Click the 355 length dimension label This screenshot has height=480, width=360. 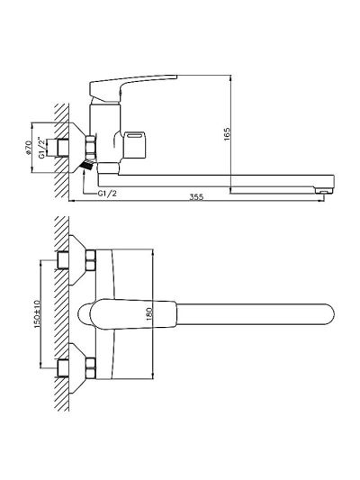click(196, 197)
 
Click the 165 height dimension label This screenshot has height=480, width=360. click(227, 134)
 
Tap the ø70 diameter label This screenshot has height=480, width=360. click(28, 148)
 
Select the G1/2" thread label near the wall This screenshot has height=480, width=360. click(41, 149)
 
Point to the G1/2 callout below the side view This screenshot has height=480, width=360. click(107, 193)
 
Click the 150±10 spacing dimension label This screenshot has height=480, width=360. click(37, 314)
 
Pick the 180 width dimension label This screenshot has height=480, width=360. click(149, 313)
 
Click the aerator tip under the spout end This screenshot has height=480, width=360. click(324, 191)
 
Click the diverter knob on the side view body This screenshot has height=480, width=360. click(135, 143)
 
